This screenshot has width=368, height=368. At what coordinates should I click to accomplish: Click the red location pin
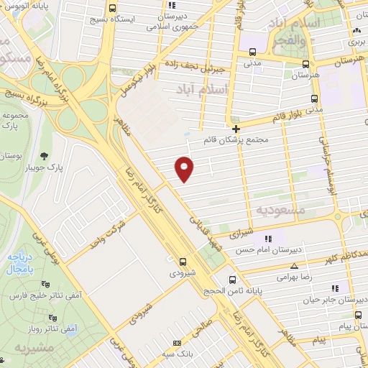(x=185, y=168)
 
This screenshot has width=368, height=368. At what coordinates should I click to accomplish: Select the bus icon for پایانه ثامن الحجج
(x=231, y=280)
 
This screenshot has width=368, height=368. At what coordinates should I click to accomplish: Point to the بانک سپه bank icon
(x=178, y=344)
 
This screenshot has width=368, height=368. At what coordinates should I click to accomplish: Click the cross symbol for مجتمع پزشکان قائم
(x=236, y=129)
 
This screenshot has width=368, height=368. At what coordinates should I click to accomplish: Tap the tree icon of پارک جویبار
(x=45, y=155)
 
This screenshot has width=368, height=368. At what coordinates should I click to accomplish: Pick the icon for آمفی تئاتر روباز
(x=51, y=317)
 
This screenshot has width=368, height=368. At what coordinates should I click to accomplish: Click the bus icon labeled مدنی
(x=252, y=52)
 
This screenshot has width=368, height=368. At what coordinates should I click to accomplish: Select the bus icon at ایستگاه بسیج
(x=111, y=9)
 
